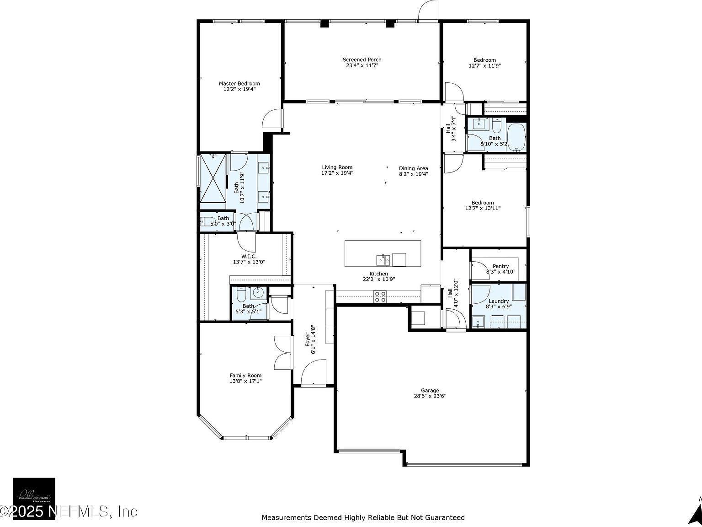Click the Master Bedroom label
coord(239,83)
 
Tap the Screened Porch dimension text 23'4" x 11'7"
coord(362,65)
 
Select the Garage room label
coord(430,390)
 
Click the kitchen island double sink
coord(383,260)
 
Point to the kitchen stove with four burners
coord(380,296)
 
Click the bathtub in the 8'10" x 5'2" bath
coord(516,137)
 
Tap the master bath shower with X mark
coord(213,177)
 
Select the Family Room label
coord(245,375)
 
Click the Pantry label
coord(500,266)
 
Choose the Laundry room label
coord(498,301)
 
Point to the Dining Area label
coord(413,168)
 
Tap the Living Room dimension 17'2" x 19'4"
coord(337,173)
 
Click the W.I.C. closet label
coord(249,256)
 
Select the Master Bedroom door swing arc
coord(272,119)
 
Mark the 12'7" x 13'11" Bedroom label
coord(483,203)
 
